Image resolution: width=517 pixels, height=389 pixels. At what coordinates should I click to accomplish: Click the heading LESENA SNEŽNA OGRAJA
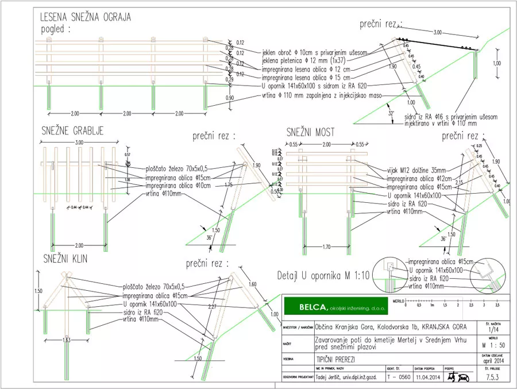[x=86, y=17]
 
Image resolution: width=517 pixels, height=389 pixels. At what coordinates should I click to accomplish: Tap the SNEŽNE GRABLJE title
[x=72, y=130]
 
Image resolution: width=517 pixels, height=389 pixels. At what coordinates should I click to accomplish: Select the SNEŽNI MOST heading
[x=310, y=133]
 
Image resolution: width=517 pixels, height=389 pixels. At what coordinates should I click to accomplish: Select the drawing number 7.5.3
[x=491, y=377]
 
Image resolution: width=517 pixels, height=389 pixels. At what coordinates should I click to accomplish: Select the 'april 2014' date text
[x=491, y=361]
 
